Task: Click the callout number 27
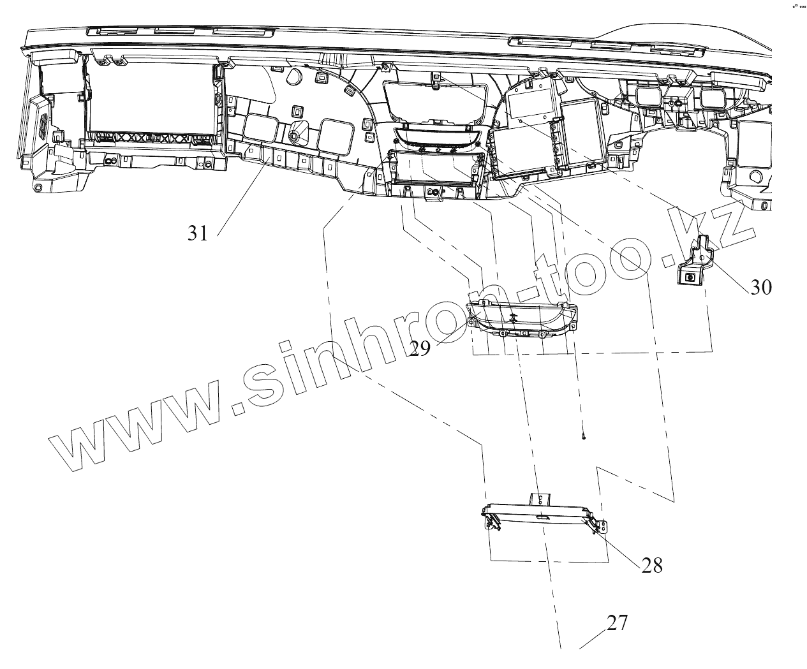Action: pyautogui.click(x=617, y=623)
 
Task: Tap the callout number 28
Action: pyautogui.click(x=652, y=565)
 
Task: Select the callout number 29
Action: pyautogui.click(x=420, y=348)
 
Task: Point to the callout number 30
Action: pyautogui.click(x=760, y=287)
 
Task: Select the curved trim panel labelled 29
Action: pyautogui.click(x=523, y=318)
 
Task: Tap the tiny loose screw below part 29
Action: pyautogui.click(x=584, y=437)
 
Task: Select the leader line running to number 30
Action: pyautogui.click(x=727, y=271)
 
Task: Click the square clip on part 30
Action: pyautogui.click(x=690, y=277)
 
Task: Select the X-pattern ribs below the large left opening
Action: pyautogui.click(x=153, y=138)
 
